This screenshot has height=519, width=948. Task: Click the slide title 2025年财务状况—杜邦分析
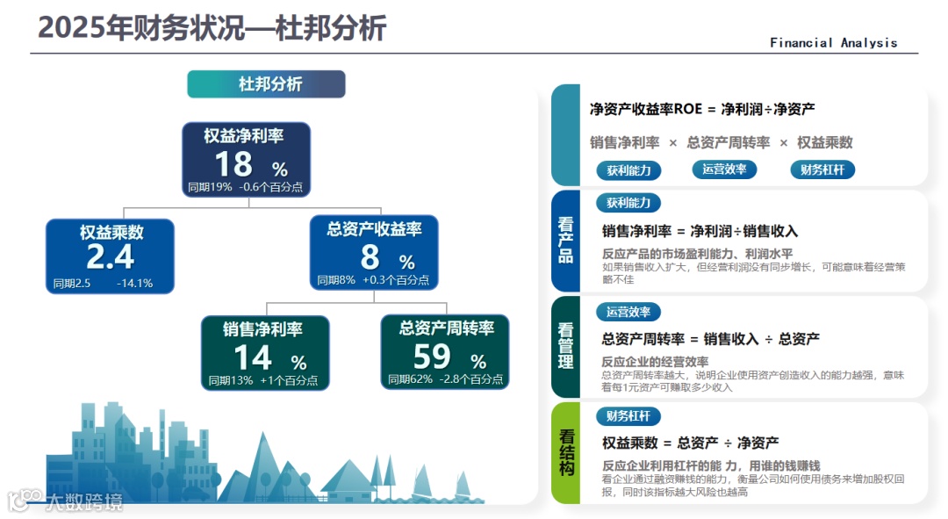coord(212,28)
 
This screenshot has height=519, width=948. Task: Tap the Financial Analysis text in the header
coord(833,42)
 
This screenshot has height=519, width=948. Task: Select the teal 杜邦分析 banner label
coord(266,84)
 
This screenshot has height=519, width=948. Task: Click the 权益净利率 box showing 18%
coord(247,159)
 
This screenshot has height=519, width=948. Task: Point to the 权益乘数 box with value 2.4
coord(110,256)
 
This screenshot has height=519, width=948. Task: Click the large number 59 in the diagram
coord(432,357)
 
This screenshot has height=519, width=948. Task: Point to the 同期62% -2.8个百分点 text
coord(446,380)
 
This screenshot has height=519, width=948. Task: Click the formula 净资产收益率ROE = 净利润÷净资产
coord(702,110)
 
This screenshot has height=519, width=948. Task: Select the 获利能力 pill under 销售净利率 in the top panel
coord(628,169)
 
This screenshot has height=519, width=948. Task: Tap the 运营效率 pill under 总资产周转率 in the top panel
coord(724,169)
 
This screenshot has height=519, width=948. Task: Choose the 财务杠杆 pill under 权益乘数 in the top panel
coord(822,169)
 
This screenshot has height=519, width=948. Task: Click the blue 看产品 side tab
coord(565,241)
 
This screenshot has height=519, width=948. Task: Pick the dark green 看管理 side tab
coord(565,346)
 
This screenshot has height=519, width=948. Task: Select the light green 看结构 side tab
coord(565,452)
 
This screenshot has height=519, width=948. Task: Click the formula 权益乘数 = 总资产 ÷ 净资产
coord(690,443)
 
